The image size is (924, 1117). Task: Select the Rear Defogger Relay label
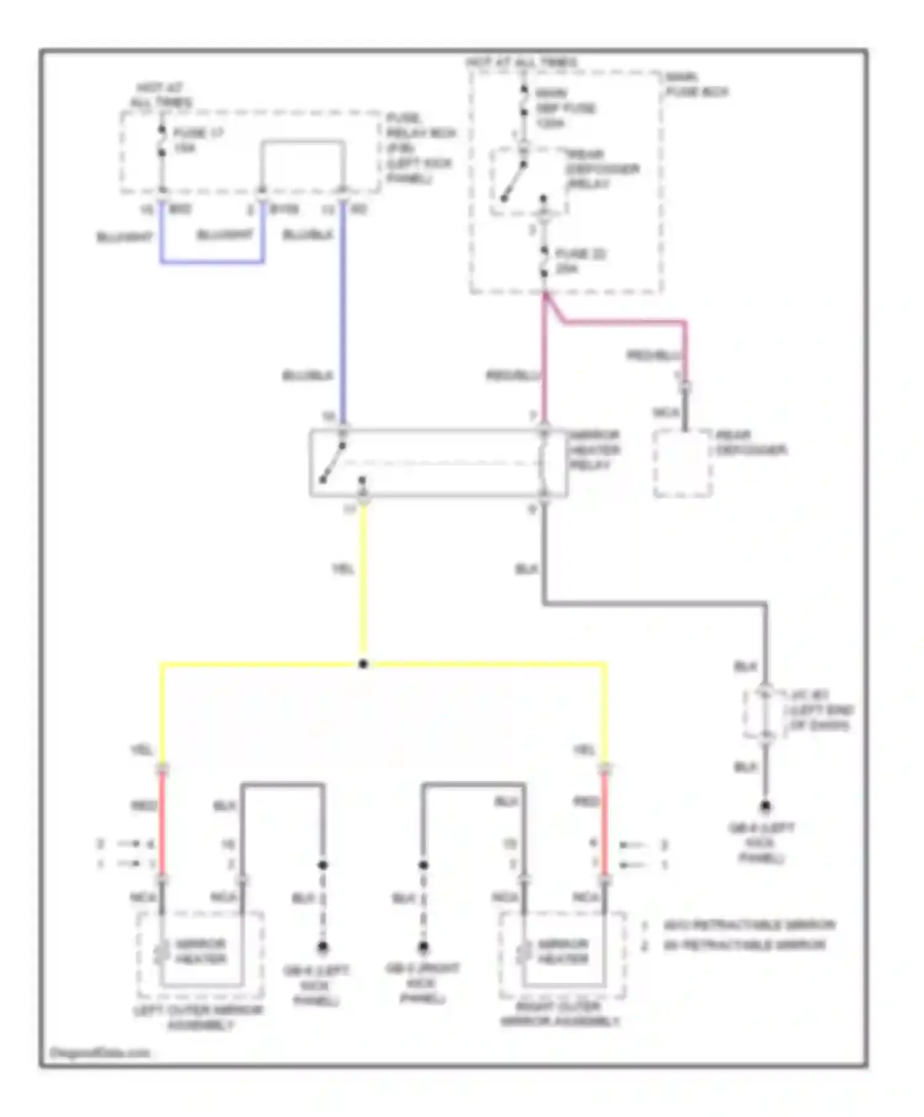pyautogui.click(x=602, y=169)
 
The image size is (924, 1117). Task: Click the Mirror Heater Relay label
pyautogui.click(x=594, y=450)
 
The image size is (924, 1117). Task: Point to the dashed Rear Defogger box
pyautogui.click(x=683, y=463)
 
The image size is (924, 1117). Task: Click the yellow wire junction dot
pyautogui.click(x=363, y=664)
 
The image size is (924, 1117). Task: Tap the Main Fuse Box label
pyautogui.click(x=696, y=84)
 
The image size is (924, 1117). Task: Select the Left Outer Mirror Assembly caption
pyautogui.click(x=198, y=1017)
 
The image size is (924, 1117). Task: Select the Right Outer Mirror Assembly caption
pyautogui.click(x=559, y=1015)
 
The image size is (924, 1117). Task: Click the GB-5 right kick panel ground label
pyautogui.click(x=423, y=983)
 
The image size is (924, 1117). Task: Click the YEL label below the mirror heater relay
pyautogui.click(x=343, y=569)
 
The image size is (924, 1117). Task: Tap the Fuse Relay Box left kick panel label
pyautogui.click(x=420, y=148)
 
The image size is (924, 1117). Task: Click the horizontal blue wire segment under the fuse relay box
pyautogui.click(x=213, y=262)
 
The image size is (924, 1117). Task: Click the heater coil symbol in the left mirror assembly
pyautogui.click(x=162, y=951)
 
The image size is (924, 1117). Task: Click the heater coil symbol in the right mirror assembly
pyautogui.click(x=524, y=951)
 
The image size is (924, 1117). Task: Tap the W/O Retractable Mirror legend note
pyautogui.click(x=748, y=925)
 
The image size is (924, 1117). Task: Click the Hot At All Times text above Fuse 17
pyautogui.click(x=160, y=95)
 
